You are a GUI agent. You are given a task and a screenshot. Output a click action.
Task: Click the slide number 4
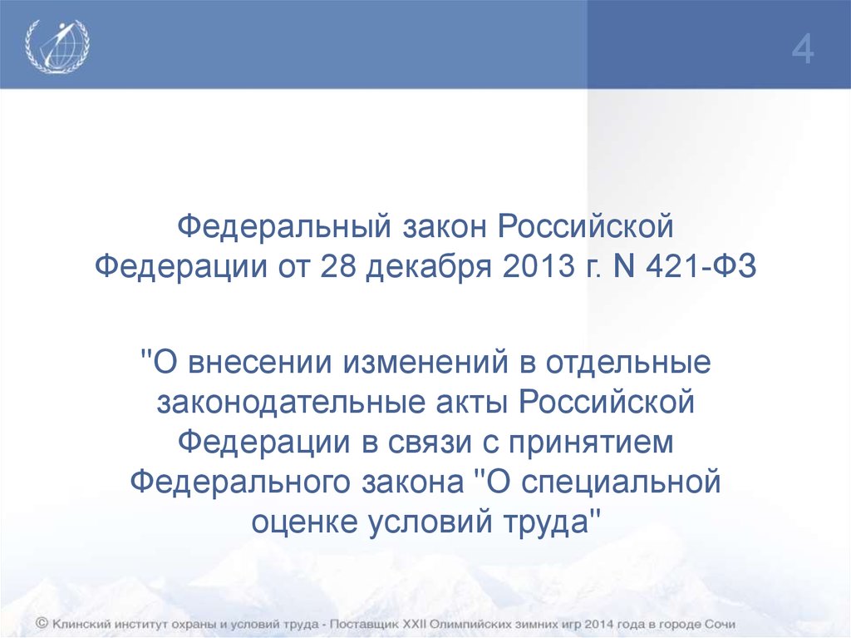point(802,51)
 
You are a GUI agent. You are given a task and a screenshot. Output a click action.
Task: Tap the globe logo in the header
point(57,46)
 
